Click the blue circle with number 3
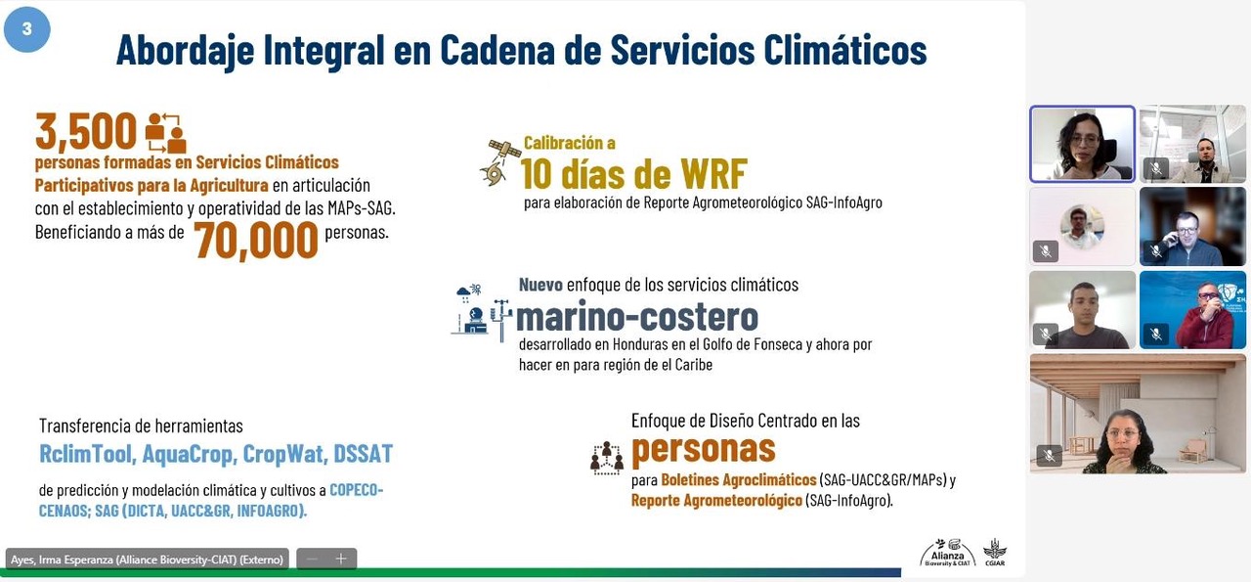pos(26,29)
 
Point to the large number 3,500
pos(86,132)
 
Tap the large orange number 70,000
pos(256,241)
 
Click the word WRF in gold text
pos(713,174)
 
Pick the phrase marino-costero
pos(637,318)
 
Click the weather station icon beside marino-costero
pos(482,313)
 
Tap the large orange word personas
pos(704,449)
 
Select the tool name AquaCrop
pos(187,454)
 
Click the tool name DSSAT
pos(363,454)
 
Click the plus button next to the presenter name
pos(341,559)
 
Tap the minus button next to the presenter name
pos(312,559)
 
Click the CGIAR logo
pos(995,553)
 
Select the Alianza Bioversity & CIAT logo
pos(947,553)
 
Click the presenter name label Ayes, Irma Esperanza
pos(147,560)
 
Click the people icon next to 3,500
pos(165,133)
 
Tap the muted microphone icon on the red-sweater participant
pos(1156,335)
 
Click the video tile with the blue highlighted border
pos(1082,144)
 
